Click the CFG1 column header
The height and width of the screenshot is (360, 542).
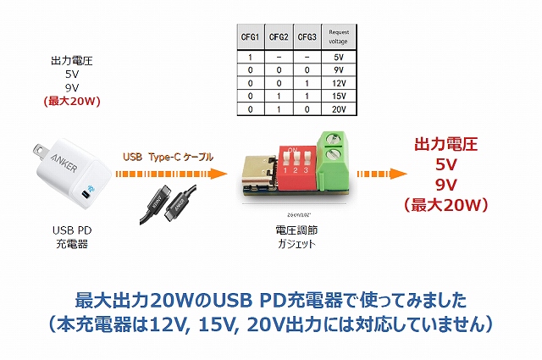point(251,37)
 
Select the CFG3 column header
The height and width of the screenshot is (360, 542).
point(307,37)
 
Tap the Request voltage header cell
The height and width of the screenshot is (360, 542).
point(338,37)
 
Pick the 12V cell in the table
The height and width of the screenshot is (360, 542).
point(338,85)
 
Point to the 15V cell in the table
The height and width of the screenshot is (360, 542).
point(338,97)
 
